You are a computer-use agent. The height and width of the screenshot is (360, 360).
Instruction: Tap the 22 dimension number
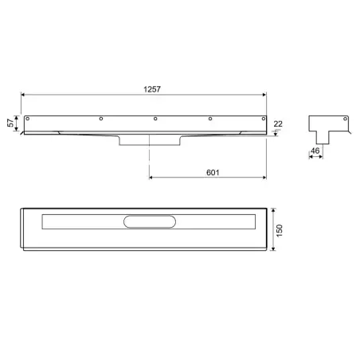click(x=277, y=123)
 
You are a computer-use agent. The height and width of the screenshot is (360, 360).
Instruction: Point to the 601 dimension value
click(x=211, y=171)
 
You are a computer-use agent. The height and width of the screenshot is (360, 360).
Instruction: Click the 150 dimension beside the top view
click(x=279, y=231)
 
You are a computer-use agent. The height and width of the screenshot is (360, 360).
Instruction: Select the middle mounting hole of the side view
click(x=155, y=119)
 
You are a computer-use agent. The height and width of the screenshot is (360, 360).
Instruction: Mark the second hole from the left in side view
click(x=100, y=119)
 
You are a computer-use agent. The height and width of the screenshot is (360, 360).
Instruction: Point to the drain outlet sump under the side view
click(x=149, y=140)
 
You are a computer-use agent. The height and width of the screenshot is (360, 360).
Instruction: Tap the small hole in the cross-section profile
click(x=345, y=122)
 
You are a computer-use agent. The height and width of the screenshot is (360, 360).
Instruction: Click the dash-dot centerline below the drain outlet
click(x=149, y=163)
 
